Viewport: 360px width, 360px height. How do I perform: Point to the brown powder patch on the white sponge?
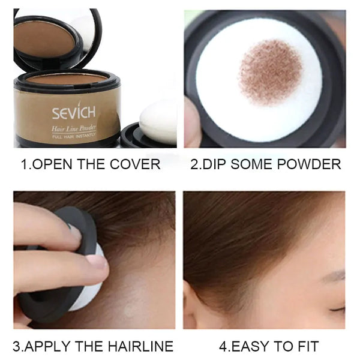tap(271, 71)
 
